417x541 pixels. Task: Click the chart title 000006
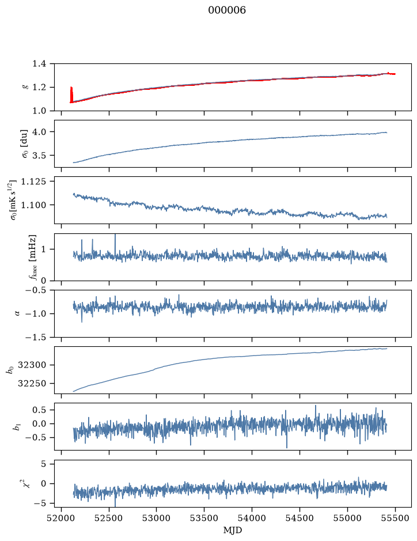click(227, 10)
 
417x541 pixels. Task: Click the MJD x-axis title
click(233, 530)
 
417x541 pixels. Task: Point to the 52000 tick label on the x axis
click(62, 519)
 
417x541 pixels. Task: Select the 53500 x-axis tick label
click(204, 519)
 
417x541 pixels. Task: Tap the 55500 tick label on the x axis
click(395, 519)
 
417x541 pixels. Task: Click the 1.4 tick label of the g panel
click(39, 64)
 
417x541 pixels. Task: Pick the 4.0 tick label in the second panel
click(39, 132)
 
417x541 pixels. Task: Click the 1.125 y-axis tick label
click(33, 181)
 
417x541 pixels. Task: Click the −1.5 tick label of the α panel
click(36, 337)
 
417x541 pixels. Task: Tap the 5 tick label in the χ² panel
click(43, 464)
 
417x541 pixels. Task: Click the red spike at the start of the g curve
click(71, 94)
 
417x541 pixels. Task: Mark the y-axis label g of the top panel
click(24, 87)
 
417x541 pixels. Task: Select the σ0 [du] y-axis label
click(24, 143)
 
